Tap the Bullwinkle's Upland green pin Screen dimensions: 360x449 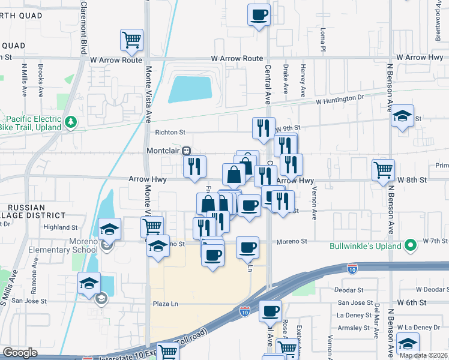coord(410,245)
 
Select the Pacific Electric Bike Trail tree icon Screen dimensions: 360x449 coord(72,122)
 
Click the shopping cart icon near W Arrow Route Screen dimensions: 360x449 coord(131,40)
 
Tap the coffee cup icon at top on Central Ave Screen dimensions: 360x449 coord(259,14)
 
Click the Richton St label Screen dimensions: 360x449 coord(170,132)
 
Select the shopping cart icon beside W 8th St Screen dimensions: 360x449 coord(383,170)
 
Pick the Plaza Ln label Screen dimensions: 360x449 coord(166,304)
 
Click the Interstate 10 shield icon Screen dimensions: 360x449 coord(244,311)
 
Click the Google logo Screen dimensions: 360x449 coord(20,353)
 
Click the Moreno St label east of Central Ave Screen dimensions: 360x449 coord(292,241)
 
